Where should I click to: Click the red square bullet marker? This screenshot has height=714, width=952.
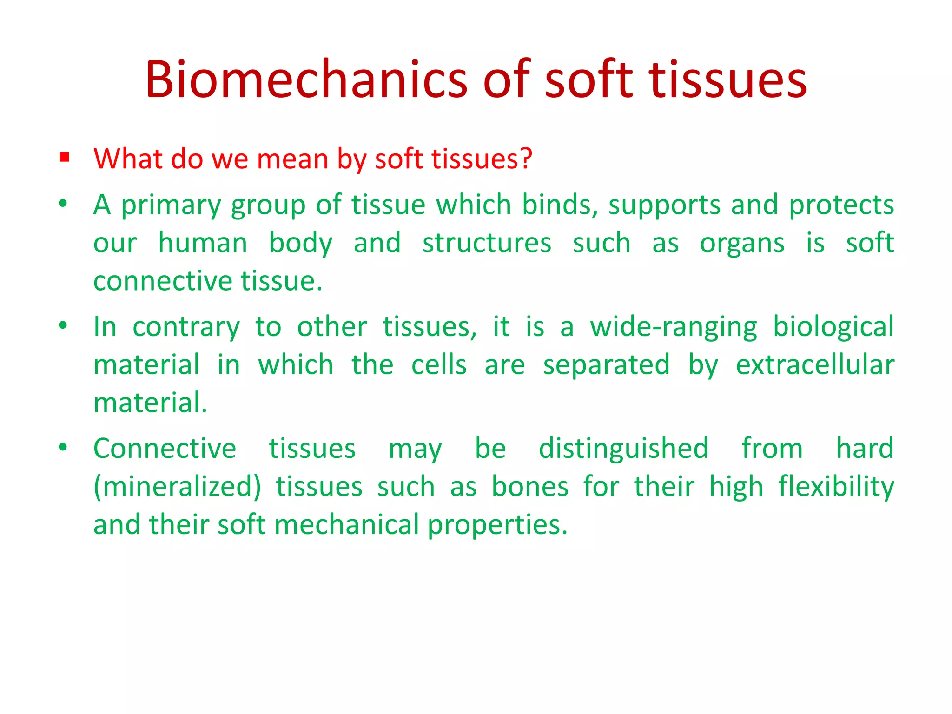(x=64, y=158)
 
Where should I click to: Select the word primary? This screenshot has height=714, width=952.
(x=171, y=205)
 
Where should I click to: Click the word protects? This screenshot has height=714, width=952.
(x=841, y=205)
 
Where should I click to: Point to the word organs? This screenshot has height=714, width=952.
(x=742, y=244)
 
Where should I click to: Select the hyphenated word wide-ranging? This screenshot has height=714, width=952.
(x=674, y=327)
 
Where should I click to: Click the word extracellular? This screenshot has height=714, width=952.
(x=815, y=365)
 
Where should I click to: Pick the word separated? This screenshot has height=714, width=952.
(x=606, y=365)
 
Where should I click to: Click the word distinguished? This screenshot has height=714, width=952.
(x=623, y=449)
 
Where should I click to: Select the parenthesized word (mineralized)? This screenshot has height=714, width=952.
(x=177, y=487)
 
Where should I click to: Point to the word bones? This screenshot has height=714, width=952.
(x=530, y=487)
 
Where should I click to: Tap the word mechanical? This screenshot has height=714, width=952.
(x=347, y=525)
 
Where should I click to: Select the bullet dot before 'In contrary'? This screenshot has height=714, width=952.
(x=63, y=325)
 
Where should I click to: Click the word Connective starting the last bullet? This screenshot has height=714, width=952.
(x=165, y=449)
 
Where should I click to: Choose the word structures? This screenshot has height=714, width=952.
(x=487, y=243)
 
